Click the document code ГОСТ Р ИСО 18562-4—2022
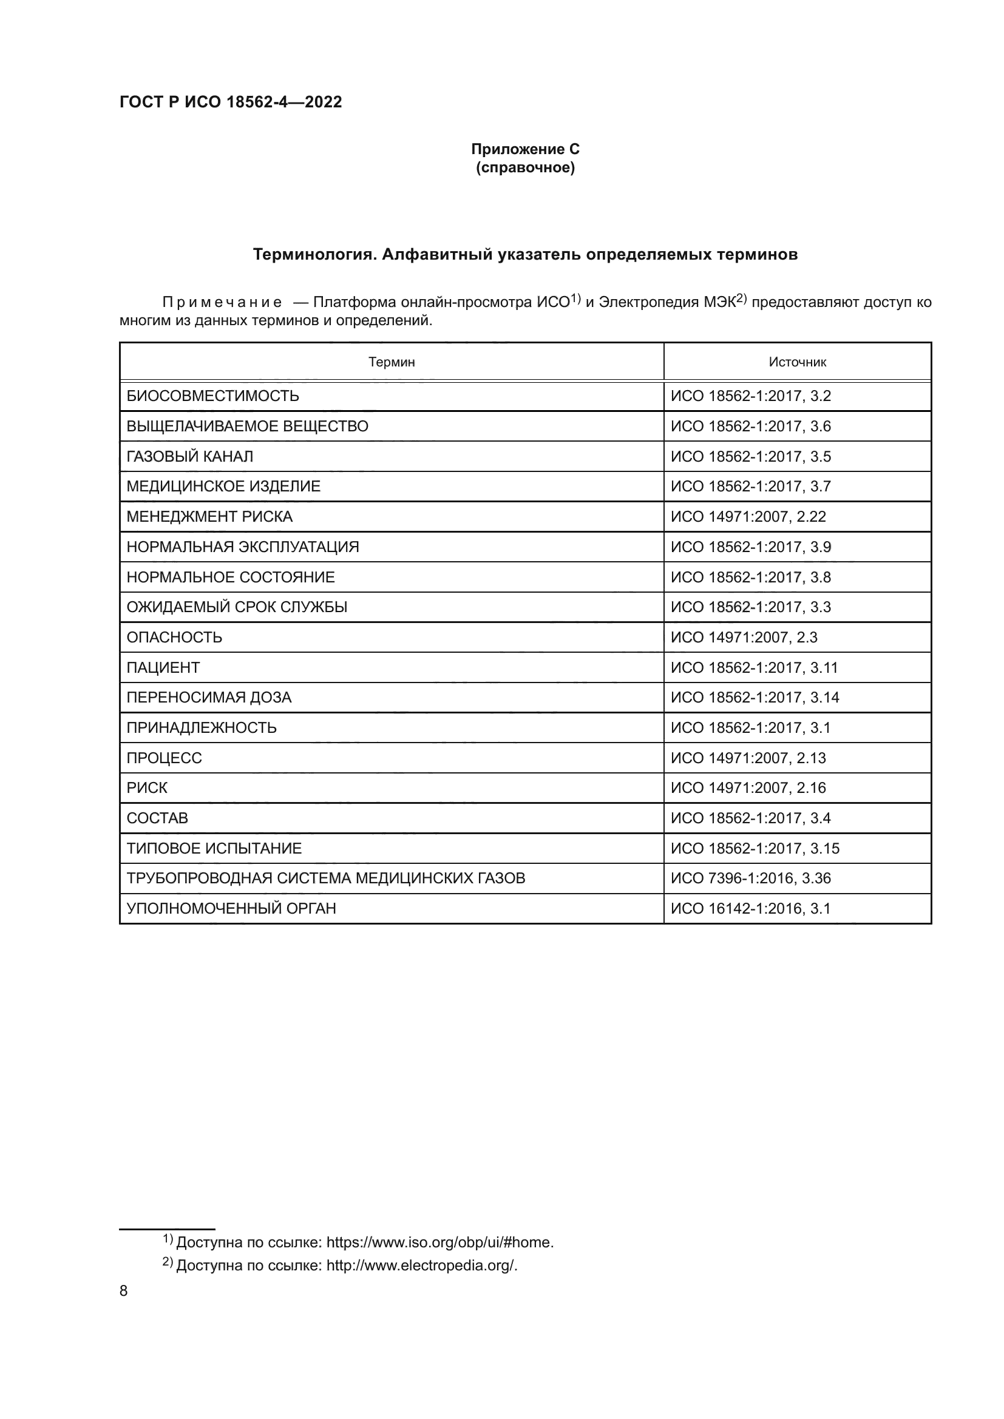click(231, 102)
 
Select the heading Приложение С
click(525, 149)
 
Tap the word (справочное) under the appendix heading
click(525, 167)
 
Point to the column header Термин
click(392, 362)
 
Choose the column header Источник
click(797, 362)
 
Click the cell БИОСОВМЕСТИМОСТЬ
click(212, 396)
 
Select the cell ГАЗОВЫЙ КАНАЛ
click(190, 457)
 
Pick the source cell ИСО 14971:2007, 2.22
click(748, 517)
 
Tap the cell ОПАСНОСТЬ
click(174, 637)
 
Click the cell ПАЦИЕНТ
click(163, 667)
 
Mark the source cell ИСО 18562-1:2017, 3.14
click(755, 698)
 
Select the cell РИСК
click(147, 788)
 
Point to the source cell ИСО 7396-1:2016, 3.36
click(750, 878)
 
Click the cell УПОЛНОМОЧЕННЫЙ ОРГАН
click(231, 909)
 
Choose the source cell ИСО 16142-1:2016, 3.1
click(750, 909)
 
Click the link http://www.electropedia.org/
click(421, 1266)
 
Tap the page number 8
click(124, 1291)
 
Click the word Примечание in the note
click(222, 303)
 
